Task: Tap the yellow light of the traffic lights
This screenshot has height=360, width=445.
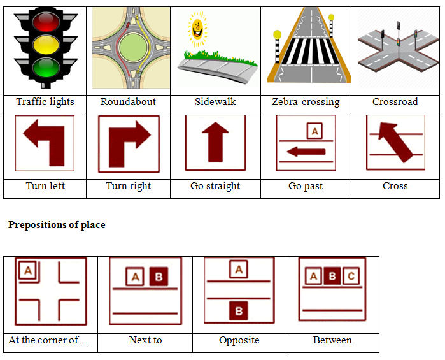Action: (x=44, y=46)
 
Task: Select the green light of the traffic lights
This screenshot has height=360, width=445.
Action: (x=44, y=69)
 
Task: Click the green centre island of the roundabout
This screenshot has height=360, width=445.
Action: (x=132, y=48)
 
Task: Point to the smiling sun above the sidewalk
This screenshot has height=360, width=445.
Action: (x=197, y=29)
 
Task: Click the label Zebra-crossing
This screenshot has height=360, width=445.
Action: (x=306, y=102)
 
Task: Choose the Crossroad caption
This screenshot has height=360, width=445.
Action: (x=395, y=102)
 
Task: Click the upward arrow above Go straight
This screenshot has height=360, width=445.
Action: (x=215, y=141)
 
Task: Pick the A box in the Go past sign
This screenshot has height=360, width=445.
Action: (x=314, y=131)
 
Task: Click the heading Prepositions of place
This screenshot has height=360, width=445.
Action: (x=57, y=225)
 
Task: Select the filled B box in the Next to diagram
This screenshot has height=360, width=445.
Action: (x=159, y=277)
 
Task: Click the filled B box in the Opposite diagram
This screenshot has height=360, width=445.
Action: (x=239, y=311)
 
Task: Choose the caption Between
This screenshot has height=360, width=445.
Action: (x=332, y=340)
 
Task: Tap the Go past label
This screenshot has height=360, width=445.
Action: (x=306, y=186)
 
